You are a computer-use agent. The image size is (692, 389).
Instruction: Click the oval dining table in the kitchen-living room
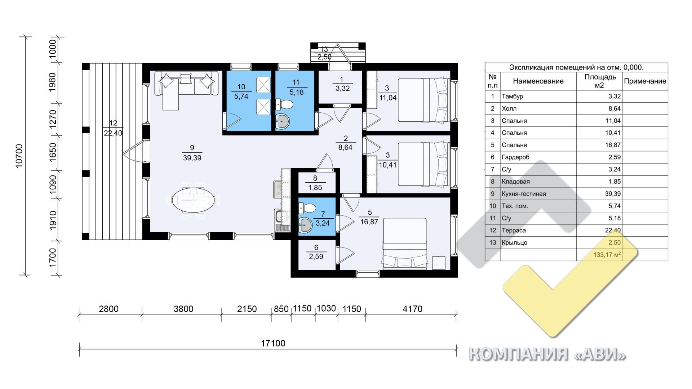coord(193,200)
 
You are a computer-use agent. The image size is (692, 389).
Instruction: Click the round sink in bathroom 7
coord(306,225)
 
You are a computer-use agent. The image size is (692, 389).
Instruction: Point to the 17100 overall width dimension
coord(273,343)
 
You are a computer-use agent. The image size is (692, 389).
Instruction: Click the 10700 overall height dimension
coord(19,156)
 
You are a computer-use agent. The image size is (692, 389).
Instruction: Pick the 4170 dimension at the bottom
coord(412,309)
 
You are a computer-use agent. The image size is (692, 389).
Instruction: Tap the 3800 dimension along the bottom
coord(183,309)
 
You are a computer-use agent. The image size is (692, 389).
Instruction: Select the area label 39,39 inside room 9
coord(192,158)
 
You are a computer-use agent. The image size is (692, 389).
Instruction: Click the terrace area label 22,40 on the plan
coord(113,133)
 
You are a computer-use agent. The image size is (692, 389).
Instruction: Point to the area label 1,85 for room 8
coord(315,188)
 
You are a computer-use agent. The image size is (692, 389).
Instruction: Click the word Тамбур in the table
coord(512,96)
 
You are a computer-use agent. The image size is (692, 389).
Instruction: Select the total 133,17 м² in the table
coord(607,255)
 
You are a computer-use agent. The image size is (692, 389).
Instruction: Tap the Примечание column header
coord(645,81)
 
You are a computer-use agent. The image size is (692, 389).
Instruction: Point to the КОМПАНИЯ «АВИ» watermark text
coord(547,354)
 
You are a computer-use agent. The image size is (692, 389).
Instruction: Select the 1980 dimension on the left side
coord(53,82)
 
